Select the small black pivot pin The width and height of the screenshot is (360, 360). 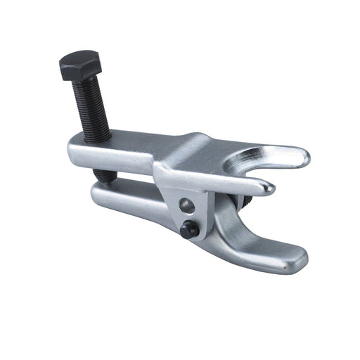(188, 229)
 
